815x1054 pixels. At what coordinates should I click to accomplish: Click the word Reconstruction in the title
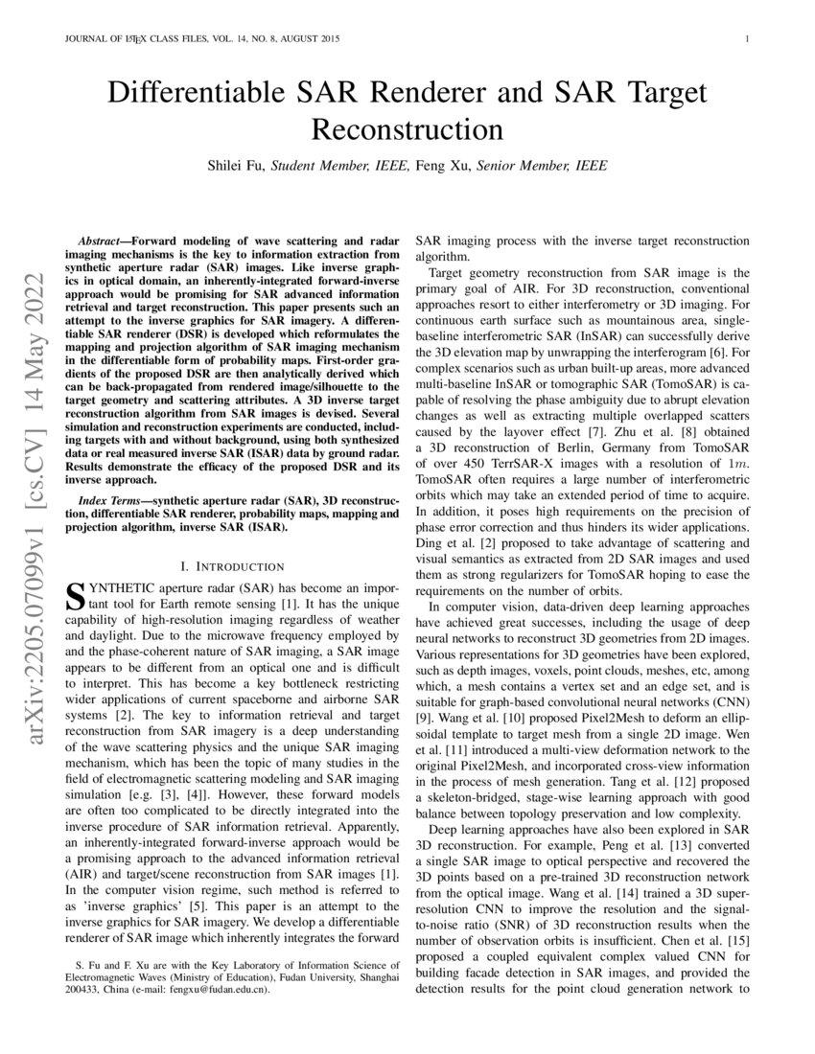407,128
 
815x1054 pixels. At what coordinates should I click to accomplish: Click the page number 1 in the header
745,39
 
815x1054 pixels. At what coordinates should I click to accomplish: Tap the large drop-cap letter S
73,595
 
